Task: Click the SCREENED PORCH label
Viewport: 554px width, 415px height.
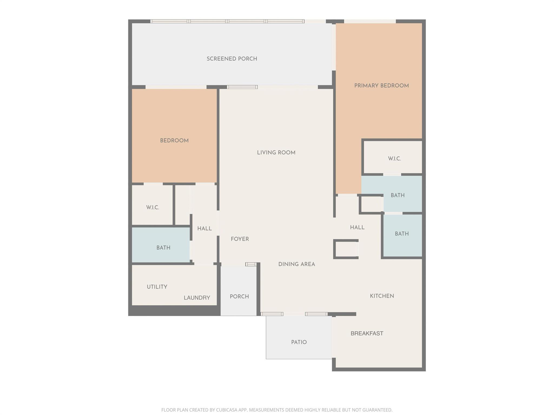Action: [x=232, y=59]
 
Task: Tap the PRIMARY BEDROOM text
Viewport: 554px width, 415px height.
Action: [x=381, y=86]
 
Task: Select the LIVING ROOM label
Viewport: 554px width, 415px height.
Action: [x=276, y=153]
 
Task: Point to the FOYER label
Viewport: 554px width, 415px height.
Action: [x=240, y=239]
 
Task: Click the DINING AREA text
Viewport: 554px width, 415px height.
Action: [x=296, y=264]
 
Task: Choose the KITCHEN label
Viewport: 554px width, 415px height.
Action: [x=382, y=296]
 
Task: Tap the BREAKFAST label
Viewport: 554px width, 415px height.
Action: [x=367, y=333]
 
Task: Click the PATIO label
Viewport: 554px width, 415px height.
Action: [x=299, y=342]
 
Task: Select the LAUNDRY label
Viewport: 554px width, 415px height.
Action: [x=197, y=298]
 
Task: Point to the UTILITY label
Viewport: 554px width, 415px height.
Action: [x=157, y=287]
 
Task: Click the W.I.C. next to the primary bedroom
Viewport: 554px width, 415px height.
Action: [x=394, y=159]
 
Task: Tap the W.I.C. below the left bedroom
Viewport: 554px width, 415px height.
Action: [x=153, y=208]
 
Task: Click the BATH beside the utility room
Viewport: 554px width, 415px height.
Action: [x=163, y=248]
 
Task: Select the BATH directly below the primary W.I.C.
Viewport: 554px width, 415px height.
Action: [x=397, y=195]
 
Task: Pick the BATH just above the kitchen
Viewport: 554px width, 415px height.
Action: [x=401, y=234]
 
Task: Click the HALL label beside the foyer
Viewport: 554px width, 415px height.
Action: [x=204, y=229]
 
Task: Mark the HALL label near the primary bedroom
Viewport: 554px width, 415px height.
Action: [x=357, y=227]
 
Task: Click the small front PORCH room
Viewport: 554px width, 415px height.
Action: [x=239, y=297]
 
